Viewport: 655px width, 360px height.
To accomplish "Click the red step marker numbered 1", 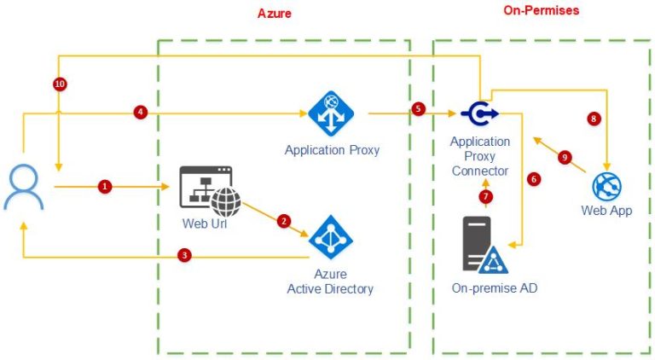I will (x=105, y=186).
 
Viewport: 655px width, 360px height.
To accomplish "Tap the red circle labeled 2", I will (x=284, y=221).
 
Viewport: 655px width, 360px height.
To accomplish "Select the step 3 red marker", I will (x=183, y=255).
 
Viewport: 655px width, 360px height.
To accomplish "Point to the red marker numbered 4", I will (x=141, y=112).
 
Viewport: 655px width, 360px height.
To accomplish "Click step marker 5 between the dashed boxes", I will (x=418, y=109).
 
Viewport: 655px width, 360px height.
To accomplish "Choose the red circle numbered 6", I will (x=534, y=179).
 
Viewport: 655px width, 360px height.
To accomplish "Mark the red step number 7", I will (x=486, y=197).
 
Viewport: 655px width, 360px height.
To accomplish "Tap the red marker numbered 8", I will (x=594, y=119).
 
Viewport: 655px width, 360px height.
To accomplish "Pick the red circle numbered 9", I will (x=564, y=157).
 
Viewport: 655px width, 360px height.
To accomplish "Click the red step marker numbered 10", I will (x=59, y=84).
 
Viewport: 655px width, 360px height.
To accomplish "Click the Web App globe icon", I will (x=606, y=186).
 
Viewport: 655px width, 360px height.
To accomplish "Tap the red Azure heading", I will (x=275, y=15).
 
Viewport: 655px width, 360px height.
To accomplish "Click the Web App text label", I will (x=606, y=210).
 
